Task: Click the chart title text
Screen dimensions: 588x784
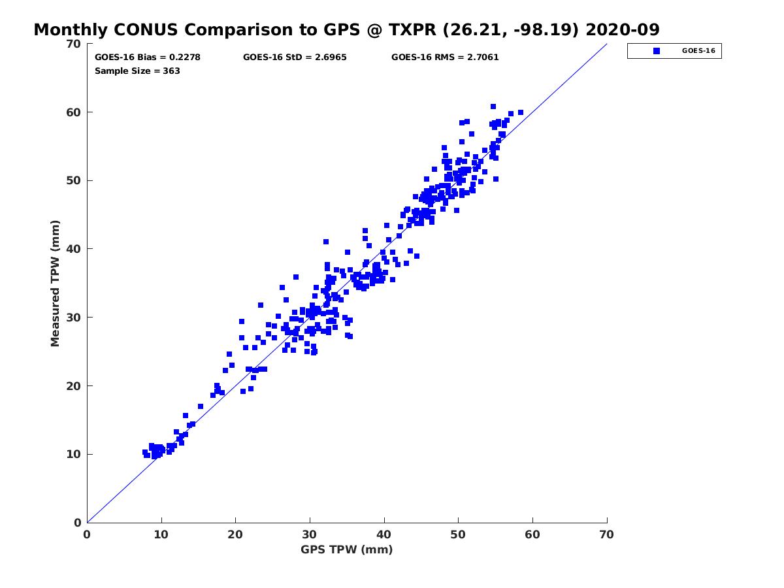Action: click(346, 29)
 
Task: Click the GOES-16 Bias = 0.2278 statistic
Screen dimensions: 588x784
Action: click(148, 57)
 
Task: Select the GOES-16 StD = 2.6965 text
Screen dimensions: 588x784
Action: click(295, 57)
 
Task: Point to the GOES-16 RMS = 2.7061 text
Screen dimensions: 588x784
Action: click(445, 57)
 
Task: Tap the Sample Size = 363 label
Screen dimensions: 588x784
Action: click(137, 71)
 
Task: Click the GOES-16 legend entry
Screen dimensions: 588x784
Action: click(674, 51)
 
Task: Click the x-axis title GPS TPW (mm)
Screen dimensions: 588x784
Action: click(346, 549)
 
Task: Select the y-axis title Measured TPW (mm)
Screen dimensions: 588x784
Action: click(56, 284)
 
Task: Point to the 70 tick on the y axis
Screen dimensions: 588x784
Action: click(73, 44)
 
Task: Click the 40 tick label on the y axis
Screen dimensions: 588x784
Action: click(73, 249)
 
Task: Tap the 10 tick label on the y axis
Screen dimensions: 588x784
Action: click(73, 454)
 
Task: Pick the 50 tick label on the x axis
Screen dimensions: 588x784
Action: click(459, 534)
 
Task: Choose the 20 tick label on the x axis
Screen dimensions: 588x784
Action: click(236, 534)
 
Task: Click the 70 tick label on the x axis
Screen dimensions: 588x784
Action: click(607, 534)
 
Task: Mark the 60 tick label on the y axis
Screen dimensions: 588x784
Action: click(73, 112)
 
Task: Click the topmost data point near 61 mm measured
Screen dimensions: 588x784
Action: click(493, 106)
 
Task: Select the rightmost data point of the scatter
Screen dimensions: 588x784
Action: click(521, 112)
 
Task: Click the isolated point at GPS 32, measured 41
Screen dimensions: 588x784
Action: click(326, 242)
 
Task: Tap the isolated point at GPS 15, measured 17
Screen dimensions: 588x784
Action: click(201, 406)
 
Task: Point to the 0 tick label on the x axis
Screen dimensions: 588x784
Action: click(87, 534)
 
